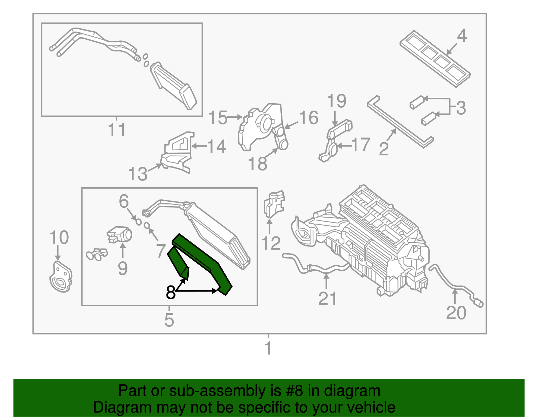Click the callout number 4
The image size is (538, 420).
[x=462, y=36]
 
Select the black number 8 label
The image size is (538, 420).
[x=171, y=293]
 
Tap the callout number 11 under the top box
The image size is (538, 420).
[x=117, y=130]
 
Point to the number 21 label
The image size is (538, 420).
[x=327, y=299]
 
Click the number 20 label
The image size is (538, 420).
[x=456, y=313]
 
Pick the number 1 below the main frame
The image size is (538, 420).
[x=268, y=348]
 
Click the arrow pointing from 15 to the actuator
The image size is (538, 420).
[x=235, y=117]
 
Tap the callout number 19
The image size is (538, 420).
[x=337, y=101]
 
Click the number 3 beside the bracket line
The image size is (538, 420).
[x=461, y=108]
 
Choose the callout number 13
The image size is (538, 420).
[x=138, y=174]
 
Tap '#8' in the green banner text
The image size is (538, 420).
[x=294, y=391]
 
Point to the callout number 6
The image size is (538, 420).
[x=124, y=201]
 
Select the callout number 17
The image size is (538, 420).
[x=361, y=145]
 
